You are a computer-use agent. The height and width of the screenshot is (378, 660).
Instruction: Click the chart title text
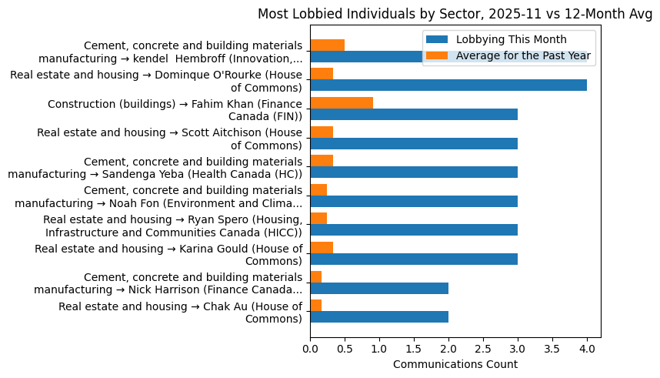(x=455, y=14)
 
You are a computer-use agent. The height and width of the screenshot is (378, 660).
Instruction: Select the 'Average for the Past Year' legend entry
(x=523, y=55)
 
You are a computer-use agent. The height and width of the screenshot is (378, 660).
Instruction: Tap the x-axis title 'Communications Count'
(x=455, y=364)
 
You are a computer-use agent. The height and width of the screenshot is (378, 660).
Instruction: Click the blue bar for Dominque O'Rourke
(x=448, y=85)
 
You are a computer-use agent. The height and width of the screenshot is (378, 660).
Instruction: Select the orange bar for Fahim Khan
(x=342, y=102)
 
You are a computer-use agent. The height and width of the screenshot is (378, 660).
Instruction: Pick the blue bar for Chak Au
(x=378, y=317)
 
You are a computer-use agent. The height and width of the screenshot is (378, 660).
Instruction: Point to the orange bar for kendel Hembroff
(x=327, y=45)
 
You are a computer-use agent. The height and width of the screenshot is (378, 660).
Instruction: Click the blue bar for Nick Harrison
(x=378, y=288)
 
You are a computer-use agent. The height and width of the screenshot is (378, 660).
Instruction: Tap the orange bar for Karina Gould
(x=322, y=247)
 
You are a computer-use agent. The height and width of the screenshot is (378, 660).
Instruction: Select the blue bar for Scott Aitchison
(x=413, y=143)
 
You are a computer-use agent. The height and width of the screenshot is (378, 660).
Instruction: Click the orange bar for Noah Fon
(x=318, y=189)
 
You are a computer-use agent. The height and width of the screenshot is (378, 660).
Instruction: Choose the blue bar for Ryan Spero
(x=413, y=230)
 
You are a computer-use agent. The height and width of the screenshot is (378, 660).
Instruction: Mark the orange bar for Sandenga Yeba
(x=322, y=160)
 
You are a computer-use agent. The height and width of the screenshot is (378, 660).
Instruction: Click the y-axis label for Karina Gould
(x=168, y=254)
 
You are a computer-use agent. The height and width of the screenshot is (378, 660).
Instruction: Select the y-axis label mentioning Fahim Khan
(x=175, y=109)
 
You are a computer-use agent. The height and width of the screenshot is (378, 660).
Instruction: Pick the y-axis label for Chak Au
(x=180, y=313)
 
